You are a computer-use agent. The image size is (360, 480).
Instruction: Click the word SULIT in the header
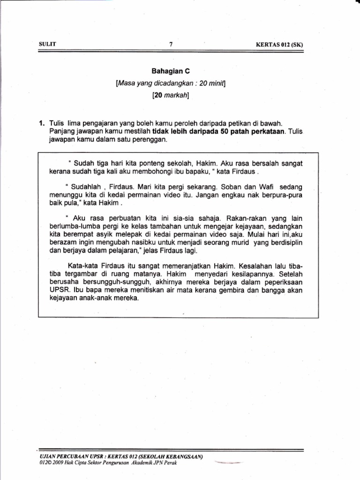point(47,45)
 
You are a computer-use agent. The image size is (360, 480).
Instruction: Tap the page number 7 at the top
point(171,45)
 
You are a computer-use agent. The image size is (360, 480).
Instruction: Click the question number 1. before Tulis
point(42,123)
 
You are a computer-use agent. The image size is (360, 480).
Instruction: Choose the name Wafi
point(265,187)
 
